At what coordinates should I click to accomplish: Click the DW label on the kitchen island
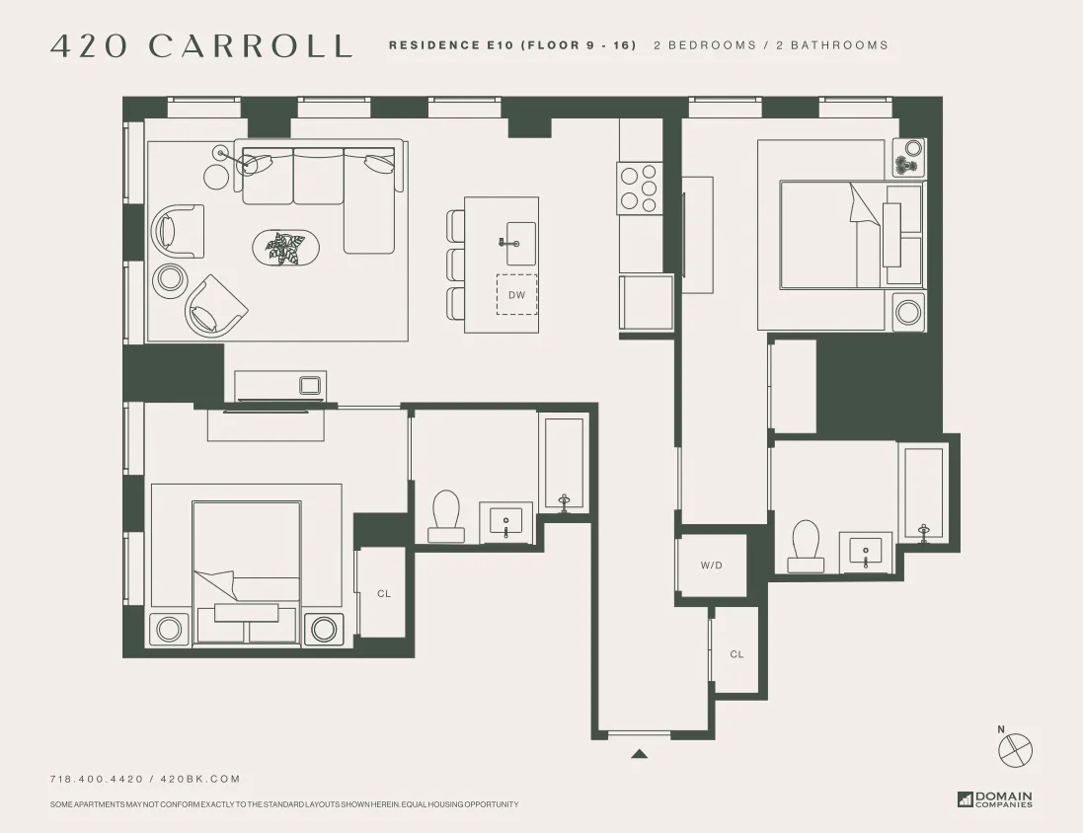coord(516,295)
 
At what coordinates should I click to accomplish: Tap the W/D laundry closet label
coord(711,566)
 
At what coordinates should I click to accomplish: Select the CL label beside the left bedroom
coord(384,594)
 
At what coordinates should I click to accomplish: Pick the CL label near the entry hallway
coord(736,654)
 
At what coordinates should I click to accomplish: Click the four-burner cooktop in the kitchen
coord(639,188)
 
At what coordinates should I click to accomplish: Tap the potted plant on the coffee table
coord(286,248)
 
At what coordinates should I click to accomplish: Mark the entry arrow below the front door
coord(639,754)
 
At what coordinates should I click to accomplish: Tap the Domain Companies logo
coord(995,799)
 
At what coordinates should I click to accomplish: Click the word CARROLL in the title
coord(250,45)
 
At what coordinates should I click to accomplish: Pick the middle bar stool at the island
coord(455,265)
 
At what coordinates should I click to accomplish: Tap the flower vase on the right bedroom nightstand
coord(906,158)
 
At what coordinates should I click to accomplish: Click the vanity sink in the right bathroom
coord(866,552)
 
